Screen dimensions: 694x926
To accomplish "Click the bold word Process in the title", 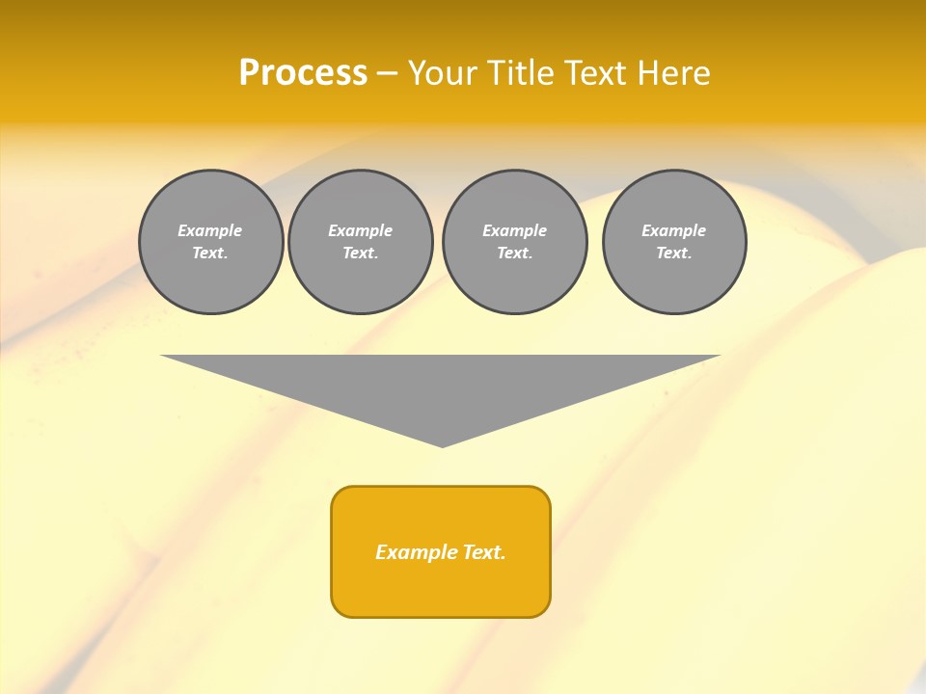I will [303, 73].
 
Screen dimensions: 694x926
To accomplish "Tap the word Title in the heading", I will [522, 73].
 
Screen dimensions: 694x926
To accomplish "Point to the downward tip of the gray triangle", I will [442, 444].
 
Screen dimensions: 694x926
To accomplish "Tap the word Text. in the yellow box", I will [484, 552].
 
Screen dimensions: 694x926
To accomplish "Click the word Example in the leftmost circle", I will [210, 230].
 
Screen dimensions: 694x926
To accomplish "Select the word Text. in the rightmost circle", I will [674, 253].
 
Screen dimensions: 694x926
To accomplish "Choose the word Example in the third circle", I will [514, 230].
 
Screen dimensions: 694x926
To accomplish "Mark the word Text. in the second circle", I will [361, 253].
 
